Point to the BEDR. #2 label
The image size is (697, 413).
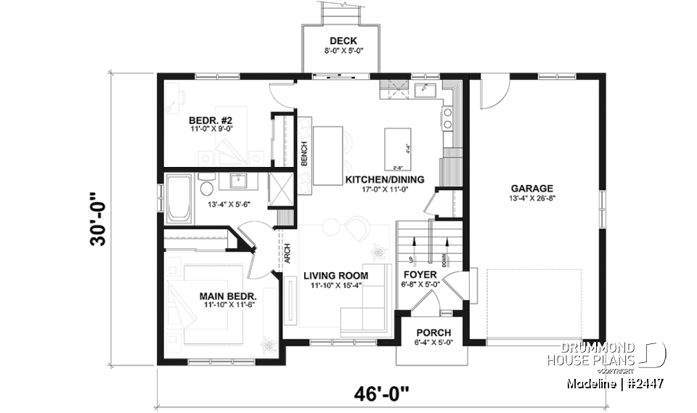coord(210,120)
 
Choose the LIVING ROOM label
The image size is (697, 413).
coord(335,275)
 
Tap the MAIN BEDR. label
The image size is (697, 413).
coord(228,296)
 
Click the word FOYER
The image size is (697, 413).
coord(420,275)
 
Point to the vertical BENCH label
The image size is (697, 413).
coord(305,152)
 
